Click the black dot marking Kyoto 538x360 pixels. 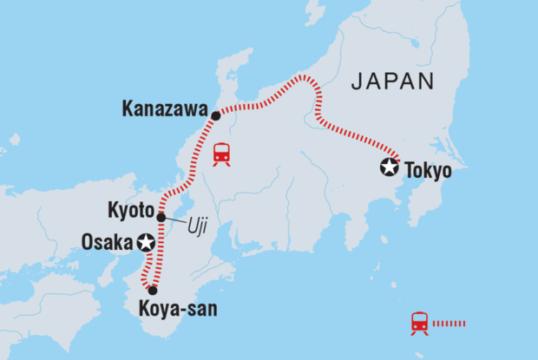coord(161,217)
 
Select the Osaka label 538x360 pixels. coord(110,241)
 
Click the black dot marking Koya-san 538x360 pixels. coord(153,291)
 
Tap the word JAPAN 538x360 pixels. coord(391,83)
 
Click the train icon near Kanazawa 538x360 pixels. coord(222,154)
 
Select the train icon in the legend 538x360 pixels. coord(421,324)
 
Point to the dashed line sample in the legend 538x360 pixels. coord(449,324)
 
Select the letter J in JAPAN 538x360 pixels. coord(355,83)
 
